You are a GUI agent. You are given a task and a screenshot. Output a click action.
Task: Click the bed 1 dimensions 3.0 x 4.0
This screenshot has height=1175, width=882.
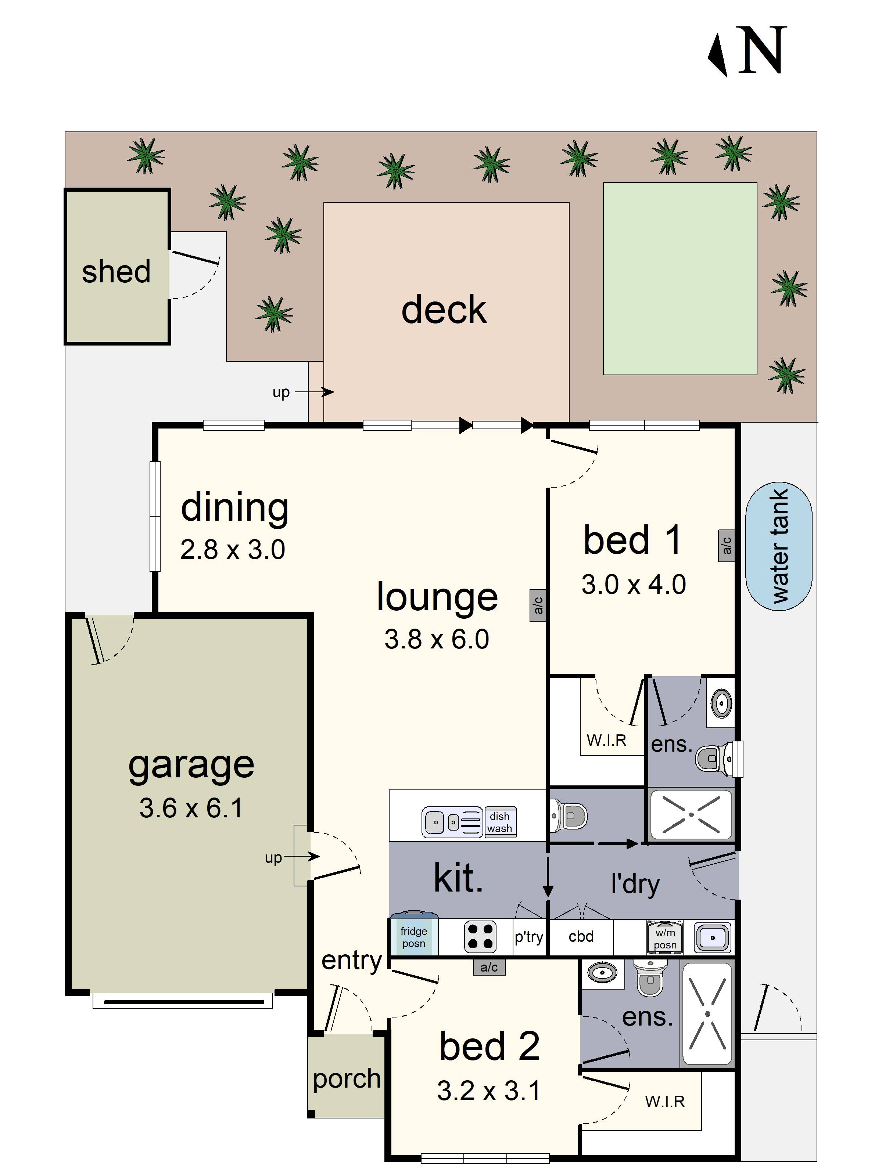click(x=633, y=584)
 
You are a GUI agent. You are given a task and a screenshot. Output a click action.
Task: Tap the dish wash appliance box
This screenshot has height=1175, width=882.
click(x=500, y=822)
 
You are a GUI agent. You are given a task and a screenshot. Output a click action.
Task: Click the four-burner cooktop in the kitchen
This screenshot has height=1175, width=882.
click(x=480, y=936)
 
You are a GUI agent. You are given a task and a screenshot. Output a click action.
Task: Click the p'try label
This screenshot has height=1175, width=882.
click(x=528, y=936)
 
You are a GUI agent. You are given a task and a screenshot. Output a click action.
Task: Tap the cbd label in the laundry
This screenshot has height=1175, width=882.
click(x=581, y=936)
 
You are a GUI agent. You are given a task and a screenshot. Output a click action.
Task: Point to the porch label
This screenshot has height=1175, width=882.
click(x=347, y=1079)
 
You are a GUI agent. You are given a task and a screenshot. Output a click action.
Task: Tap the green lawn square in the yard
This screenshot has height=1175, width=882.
click(x=680, y=279)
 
